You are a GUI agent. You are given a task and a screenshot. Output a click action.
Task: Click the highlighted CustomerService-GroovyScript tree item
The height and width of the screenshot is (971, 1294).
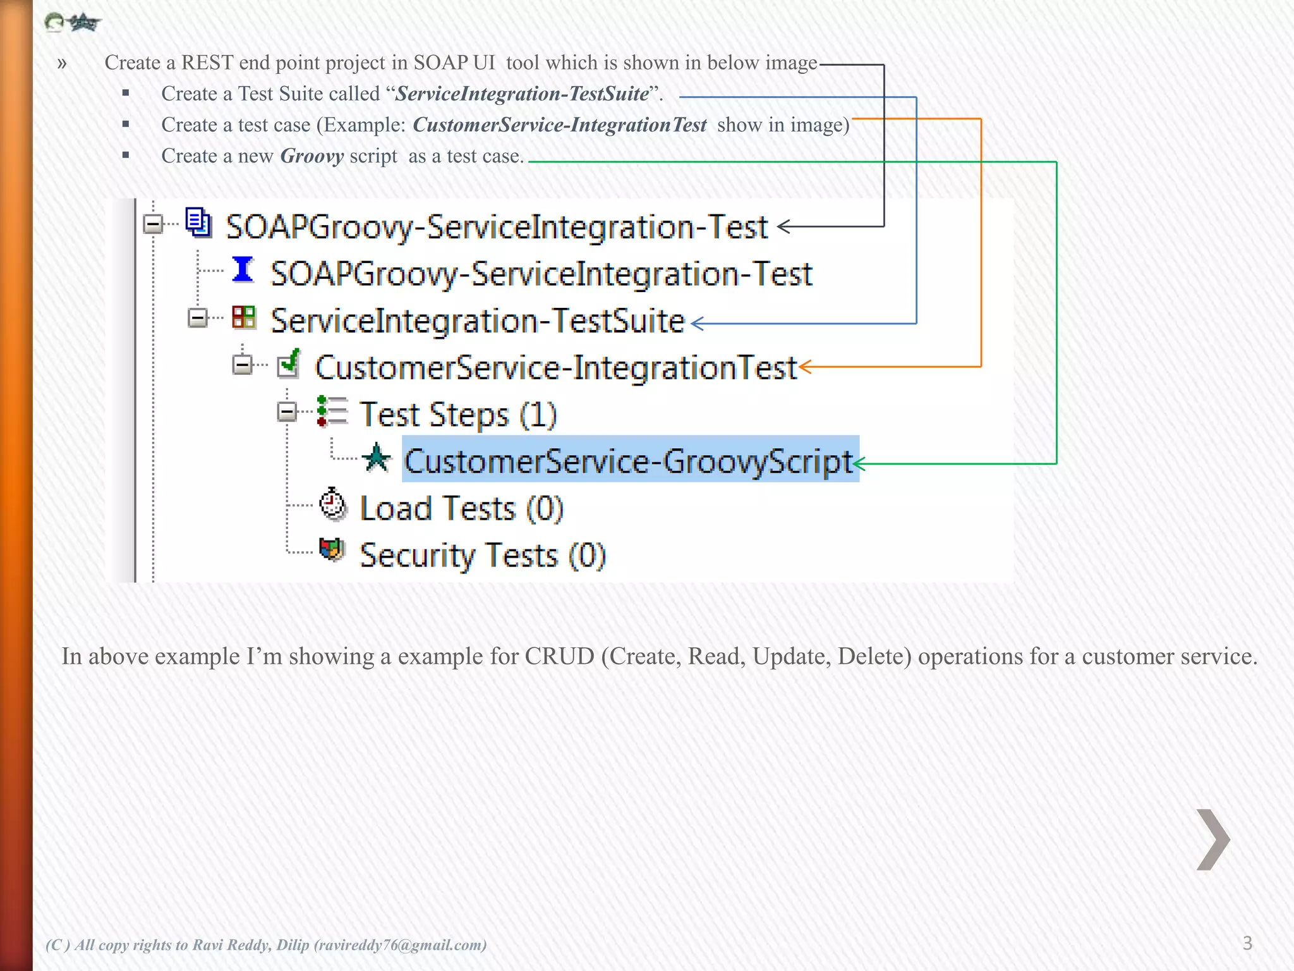(629, 460)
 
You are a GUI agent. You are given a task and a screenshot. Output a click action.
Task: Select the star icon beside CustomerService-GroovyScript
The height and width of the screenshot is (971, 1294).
(377, 458)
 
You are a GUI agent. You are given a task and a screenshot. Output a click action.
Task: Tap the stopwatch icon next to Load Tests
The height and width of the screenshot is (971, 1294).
(332, 504)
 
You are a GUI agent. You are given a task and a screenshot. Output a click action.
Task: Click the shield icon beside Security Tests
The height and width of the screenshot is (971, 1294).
(332, 550)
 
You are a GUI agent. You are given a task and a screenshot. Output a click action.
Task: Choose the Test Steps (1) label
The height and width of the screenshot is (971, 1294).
(458, 415)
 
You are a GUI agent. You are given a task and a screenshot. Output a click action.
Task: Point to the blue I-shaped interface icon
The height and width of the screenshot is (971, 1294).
(243, 269)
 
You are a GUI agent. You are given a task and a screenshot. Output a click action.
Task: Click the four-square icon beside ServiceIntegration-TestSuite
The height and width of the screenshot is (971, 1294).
(244, 317)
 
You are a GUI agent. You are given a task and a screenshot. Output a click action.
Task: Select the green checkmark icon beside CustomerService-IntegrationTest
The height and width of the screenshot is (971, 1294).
(289, 364)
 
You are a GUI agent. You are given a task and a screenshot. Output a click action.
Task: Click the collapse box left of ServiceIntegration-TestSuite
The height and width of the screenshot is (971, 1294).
(198, 318)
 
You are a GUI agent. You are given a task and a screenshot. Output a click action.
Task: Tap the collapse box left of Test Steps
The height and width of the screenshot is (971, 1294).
(287, 412)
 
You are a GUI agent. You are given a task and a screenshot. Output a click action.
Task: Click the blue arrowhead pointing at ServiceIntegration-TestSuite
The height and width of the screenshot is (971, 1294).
(698, 324)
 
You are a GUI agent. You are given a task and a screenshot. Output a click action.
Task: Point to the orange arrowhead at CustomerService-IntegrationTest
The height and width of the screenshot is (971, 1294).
(805, 367)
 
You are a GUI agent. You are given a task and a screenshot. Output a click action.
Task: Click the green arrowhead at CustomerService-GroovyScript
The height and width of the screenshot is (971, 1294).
(859, 464)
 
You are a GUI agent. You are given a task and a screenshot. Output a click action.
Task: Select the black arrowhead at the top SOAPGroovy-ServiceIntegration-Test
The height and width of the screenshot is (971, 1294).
(784, 226)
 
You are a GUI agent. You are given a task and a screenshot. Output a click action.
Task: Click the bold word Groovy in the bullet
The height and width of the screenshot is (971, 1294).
(312, 156)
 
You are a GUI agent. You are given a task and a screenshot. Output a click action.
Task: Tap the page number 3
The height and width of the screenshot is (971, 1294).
(1247, 943)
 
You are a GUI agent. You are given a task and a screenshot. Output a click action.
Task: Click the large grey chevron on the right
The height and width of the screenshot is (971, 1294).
(1213, 840)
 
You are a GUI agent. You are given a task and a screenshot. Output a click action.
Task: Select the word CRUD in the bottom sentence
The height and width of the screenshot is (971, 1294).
(559, 657)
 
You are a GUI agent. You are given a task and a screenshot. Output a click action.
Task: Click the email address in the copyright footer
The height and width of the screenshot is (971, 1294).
(401, 945)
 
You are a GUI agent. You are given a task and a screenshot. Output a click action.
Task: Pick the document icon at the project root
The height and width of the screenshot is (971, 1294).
(198, 223)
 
